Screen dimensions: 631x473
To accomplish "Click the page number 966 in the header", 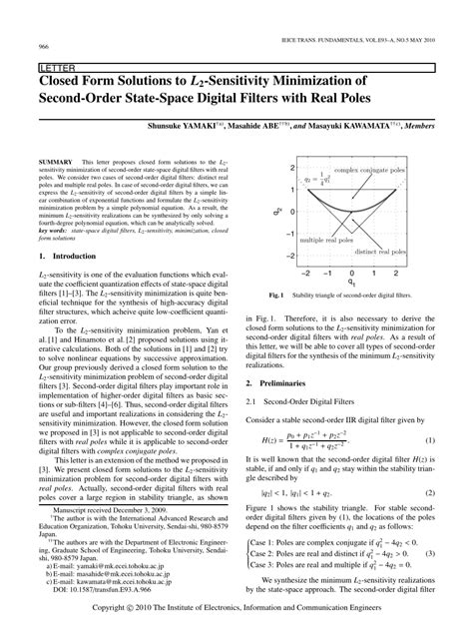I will tap(44, 46).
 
